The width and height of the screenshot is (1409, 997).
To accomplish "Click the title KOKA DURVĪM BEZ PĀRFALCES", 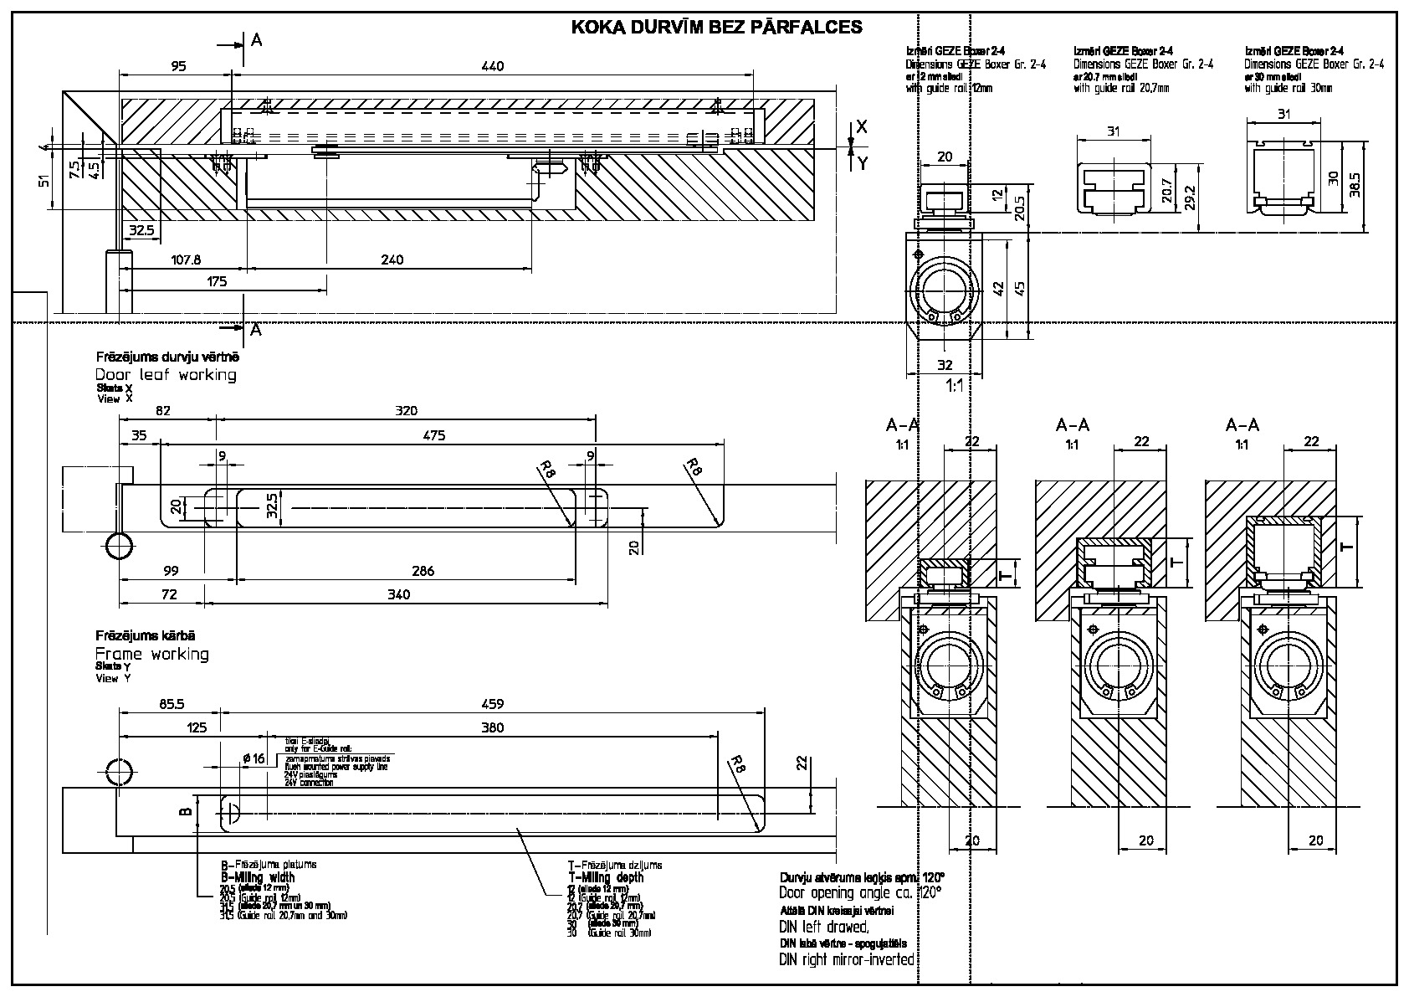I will tap(716, 27).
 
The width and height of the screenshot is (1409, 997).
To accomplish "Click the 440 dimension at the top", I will tap(493, 66).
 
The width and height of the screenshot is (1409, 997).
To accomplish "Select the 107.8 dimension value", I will tap(186, 260).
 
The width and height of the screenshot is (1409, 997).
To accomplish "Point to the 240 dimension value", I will tap(392, 260).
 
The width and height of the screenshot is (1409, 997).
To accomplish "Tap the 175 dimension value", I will tap(217, 282).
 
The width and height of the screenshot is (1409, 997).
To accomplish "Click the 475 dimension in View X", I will tap(434, 434).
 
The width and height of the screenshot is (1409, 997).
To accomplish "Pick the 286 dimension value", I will tap(423, 571).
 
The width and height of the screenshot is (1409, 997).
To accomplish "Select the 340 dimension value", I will tap(400, 594).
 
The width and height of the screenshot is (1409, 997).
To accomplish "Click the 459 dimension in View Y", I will tap(493, 704).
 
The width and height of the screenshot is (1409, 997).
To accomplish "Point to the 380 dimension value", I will tap(493, 727).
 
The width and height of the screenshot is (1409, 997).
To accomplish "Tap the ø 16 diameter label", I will tap(253, 758).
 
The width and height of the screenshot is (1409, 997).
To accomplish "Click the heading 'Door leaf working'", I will tap(166, 375).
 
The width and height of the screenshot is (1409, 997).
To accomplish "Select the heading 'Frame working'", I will tap(151, 654).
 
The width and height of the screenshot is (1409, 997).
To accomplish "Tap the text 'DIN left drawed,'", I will tap(824, 927).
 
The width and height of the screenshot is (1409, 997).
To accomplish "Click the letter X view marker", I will tap(863, 127).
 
